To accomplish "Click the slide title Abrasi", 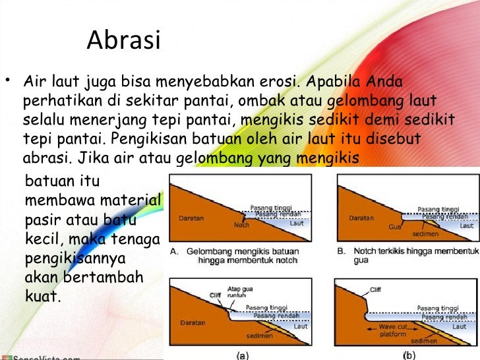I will (123, 40).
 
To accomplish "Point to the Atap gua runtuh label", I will (237, 291).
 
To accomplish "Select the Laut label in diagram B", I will (466, 225).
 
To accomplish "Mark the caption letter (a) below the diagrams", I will (243, 355).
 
